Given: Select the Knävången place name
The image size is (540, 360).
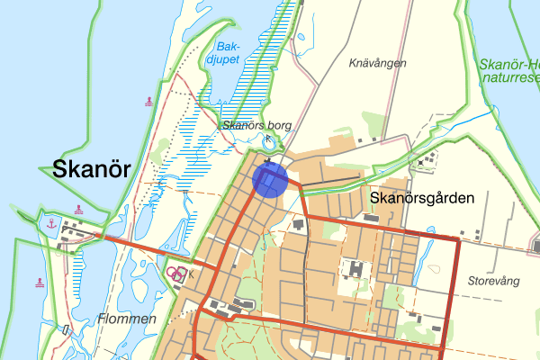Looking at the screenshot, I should coord(378,63).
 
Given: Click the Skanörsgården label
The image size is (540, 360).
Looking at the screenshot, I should coord(421,197).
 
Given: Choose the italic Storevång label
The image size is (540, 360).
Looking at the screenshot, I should coord(494,281).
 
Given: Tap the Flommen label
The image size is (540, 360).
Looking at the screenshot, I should coord(127,319).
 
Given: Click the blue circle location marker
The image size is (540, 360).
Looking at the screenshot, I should coord(269,178).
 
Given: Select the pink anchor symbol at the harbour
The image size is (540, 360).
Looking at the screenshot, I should coord(51,222).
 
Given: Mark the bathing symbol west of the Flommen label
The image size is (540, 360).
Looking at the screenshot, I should coord(40,282).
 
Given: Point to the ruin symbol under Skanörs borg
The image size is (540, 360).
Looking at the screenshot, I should coord(266,139).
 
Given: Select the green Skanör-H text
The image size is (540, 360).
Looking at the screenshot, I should coord(509,64).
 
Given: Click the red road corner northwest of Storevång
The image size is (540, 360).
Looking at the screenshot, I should coord(458,238).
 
